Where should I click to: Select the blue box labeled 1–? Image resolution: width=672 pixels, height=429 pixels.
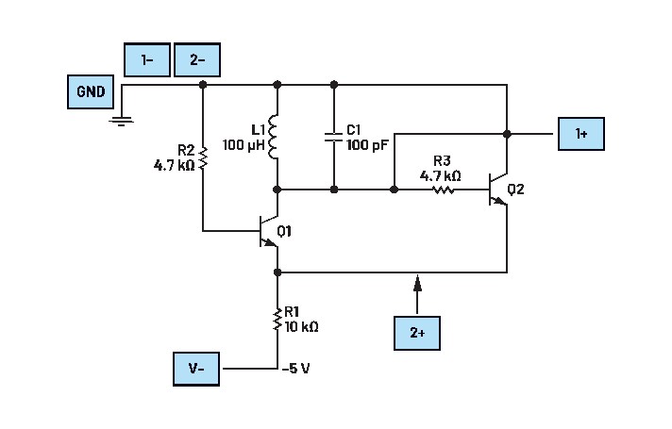tap(146, 59)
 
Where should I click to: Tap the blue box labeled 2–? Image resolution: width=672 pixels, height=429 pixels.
tap(197, 59)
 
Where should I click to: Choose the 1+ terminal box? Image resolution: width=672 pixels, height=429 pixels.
tap(581, 135)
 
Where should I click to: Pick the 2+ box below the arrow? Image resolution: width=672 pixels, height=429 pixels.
tap(417, 333)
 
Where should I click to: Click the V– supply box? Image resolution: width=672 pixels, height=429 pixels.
tap(196, 368)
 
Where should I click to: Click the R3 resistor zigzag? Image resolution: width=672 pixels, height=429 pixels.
tap(444, 190)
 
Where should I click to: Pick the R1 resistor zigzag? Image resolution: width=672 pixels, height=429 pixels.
tap(277, 320)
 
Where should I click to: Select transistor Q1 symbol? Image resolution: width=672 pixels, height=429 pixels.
tap(267, 232)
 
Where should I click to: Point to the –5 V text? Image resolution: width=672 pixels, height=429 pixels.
tap(296, 367)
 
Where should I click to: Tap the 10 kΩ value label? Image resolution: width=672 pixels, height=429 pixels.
tap(302, 327)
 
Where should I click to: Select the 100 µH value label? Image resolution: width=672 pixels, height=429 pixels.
tap(243, 146)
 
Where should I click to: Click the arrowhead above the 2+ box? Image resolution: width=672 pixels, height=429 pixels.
tap(417, 280)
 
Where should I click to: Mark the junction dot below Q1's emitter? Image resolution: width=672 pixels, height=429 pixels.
tap(277, 272)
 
